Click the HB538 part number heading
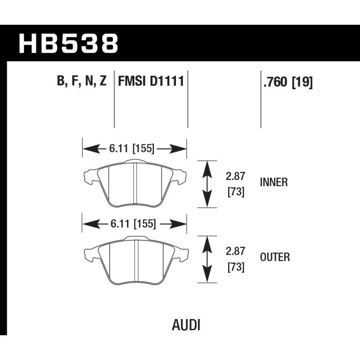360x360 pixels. pos(68,43)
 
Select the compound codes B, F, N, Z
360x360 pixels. pos(82,81)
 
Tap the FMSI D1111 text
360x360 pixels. pos(151,81)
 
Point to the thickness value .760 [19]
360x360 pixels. pos(288,82)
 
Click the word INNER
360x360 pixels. pos(274,182)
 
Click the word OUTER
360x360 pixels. pos(275,257)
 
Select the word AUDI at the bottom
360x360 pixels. pos(186,325)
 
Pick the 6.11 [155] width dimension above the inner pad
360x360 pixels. pos(132,148)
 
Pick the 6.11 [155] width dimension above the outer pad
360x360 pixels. pos(133,224)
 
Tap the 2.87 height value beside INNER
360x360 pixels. pos(235,176)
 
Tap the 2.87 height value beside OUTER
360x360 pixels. pos(235,251)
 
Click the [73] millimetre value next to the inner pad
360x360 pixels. pos(236,192)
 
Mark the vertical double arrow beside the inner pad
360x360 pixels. pos(207,184)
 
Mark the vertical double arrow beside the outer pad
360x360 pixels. pos(207,260)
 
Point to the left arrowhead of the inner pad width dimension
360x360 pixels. pos(91,149)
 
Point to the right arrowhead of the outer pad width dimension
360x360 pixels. pos(178,224)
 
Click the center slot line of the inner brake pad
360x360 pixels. pos(135,183)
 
